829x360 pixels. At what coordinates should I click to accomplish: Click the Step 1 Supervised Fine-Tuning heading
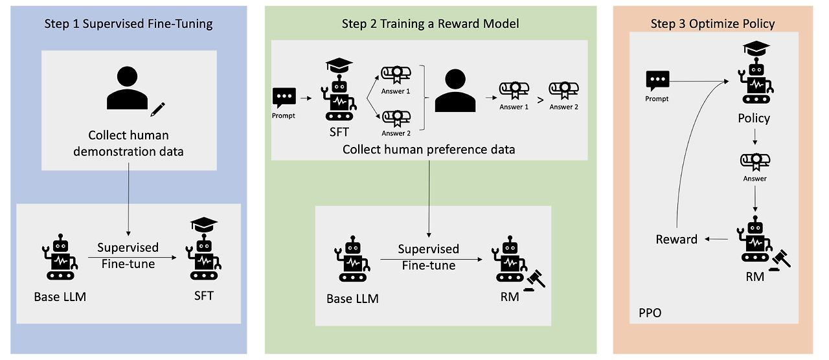(x=128, y=24)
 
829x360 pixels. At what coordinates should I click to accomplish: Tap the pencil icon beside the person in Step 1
(x=157, y=109)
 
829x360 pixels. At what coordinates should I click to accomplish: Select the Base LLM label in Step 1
(x=60, y=297)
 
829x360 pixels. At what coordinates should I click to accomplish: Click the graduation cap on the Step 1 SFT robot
(x=204, y=225)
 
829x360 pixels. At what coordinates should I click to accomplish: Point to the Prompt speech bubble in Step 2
(x=284, y=98)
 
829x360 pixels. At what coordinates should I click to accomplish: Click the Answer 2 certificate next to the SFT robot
(x=396, y=118)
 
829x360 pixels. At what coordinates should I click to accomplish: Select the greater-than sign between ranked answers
(x=540, y=100)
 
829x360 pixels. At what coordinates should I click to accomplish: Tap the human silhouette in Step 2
(x=455, y=90)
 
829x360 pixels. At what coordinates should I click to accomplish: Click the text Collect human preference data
(x=429, y=150)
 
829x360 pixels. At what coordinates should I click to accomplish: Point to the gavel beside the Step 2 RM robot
(x=535, y=281)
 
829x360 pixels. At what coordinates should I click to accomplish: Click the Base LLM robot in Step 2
(x=353, y=259)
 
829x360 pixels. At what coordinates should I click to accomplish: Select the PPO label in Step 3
(x=650, y=313)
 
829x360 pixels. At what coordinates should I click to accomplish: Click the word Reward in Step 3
(x=677, y=240)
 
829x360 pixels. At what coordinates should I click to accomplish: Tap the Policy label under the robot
(x=754, y=118)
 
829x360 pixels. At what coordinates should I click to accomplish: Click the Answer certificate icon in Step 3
(x=755, y=162)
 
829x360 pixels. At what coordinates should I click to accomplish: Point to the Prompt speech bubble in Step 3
(x=657, y=81)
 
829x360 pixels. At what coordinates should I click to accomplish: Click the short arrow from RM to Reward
(x=716, y=239)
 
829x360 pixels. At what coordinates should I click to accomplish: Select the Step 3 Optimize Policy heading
(x=712, y=24)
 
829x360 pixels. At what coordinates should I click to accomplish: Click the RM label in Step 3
(x=755, y=276)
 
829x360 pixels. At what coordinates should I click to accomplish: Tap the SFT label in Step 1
(x=204, y=296)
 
